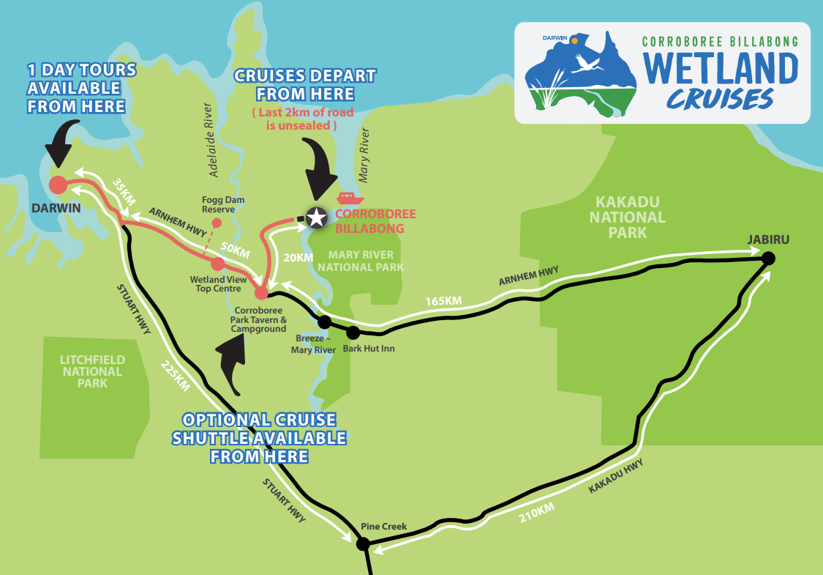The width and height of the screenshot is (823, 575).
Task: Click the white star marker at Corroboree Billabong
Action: pos(316,218)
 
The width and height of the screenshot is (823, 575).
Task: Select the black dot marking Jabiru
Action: pos(768,258)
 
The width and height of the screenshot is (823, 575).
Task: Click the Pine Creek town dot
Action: pos(362,544)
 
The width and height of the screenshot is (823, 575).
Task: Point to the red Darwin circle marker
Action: pos(57,184)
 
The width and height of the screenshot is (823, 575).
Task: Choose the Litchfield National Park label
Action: pos(92,371)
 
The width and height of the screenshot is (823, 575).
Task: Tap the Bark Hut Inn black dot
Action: pos(353,333)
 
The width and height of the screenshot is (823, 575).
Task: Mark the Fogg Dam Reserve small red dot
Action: pos(216,223)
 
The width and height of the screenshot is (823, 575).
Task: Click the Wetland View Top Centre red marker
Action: pos(217,264)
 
